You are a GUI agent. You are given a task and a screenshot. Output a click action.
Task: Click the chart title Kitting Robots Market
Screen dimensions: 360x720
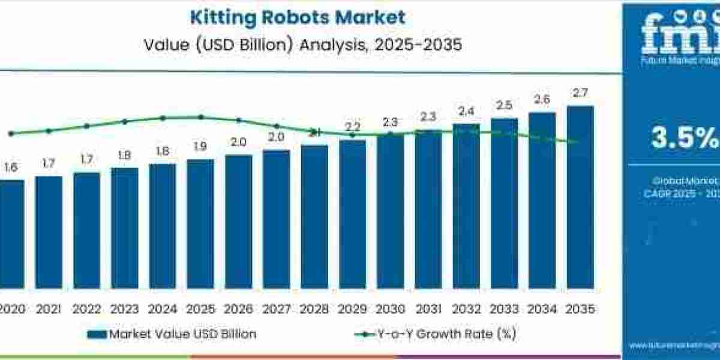(298, 17)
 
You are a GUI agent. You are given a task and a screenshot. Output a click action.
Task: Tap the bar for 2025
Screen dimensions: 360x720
(200, 228)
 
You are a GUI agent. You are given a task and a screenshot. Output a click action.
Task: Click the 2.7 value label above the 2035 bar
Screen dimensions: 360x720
(580, 93)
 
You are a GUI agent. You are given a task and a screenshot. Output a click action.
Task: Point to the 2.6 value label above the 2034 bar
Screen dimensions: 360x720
(542, 99)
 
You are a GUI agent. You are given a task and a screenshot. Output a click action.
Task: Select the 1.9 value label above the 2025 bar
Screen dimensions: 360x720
(200, 146)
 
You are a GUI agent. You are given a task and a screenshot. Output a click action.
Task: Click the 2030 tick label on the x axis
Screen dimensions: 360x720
(391, 309)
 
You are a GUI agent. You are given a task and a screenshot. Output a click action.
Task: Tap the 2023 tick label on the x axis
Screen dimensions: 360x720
(125, 309)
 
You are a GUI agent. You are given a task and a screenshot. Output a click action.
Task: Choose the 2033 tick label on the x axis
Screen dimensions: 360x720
(505, 309)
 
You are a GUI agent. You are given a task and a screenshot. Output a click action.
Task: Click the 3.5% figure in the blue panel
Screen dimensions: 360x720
(685, 138)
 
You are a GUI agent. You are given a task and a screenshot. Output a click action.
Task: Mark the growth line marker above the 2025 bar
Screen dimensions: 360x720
(200, 117)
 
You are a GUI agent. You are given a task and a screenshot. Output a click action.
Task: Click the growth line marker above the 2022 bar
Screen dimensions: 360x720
(87, 126)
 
